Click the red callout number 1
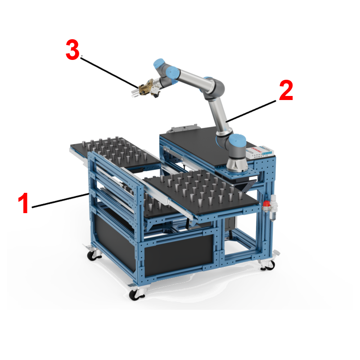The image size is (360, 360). click(23, 203)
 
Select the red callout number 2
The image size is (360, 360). click(286, 91)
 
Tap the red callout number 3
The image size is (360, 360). click(72, 50)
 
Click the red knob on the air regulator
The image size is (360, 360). click(266, 204)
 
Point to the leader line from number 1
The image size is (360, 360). click(60, 201)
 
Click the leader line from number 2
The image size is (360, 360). click(251, 111)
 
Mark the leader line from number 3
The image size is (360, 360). click(109, 72)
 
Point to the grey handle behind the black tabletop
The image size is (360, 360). click(184, 128)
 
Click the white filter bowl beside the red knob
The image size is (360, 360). click(273, 214)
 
